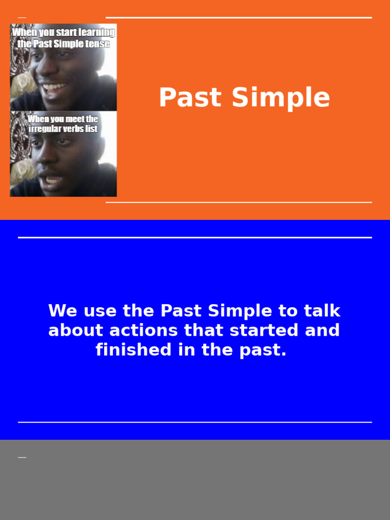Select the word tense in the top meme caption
[x=99, y=44]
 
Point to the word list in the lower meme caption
[x=91, y=129]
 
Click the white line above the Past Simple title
[x=239, y=18]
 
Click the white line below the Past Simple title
[x=239, y=202]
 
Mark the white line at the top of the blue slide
[x=195, y=237]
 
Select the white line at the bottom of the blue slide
[x=195, y=422]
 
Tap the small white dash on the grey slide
[x=22, y=458]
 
